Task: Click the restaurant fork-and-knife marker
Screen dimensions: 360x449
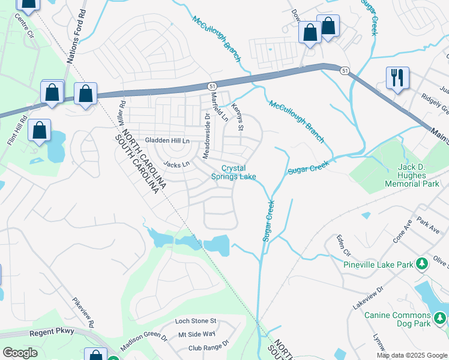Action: tap(398, 78)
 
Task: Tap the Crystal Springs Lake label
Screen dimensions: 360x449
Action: tap(234, 173)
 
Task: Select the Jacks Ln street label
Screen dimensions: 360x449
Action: tap(176, 164)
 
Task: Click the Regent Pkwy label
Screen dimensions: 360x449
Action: tap(53, 331)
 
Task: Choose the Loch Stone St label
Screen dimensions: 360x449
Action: tap(195, 322)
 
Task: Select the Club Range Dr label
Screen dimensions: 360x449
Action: tap(208, 346)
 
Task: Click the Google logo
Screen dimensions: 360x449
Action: tap(19, 353)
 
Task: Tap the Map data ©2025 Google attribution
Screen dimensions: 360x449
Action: tap(412, 355)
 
